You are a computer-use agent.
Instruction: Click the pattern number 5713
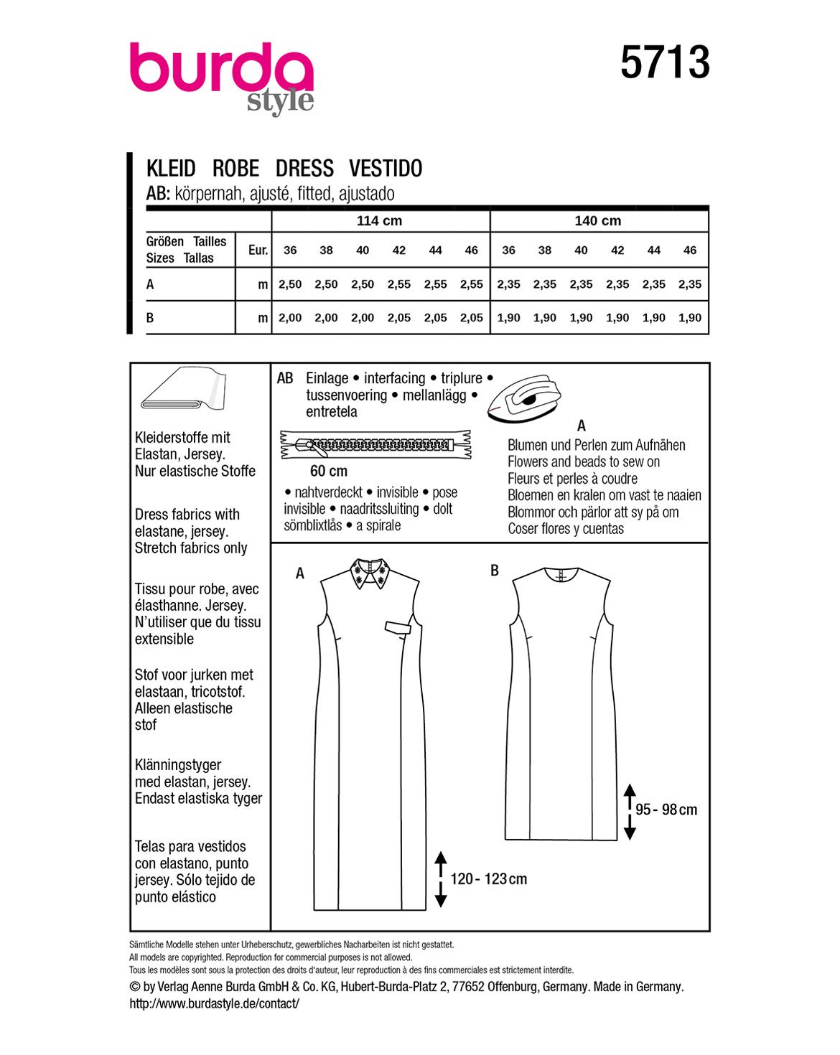(x=665, y=62)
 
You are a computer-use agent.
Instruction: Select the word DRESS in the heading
(x=304, y=169)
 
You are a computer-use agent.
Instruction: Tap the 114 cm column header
(x=379, y=221)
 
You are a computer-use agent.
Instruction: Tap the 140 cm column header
(x=597, y=221)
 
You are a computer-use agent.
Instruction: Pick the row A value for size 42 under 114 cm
(x=399, y=284)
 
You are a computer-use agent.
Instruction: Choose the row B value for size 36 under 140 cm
(x=508, y=318)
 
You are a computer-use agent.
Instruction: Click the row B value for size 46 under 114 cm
(x=472, y=318)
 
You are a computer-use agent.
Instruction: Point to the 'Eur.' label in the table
(x=258, y=250)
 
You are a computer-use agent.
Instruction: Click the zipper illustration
(x=375, y=445)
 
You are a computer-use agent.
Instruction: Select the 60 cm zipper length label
(x=328, y=472)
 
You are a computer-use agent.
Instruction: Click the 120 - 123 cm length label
(x=488, y=879)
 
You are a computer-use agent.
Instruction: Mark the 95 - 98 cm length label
(x=666, y=810)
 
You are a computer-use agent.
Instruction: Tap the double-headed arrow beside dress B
(x=630, y=812)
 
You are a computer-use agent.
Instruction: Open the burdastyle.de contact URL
(x=214, y=1003)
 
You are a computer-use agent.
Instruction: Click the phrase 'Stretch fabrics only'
(x=191, y=548)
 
